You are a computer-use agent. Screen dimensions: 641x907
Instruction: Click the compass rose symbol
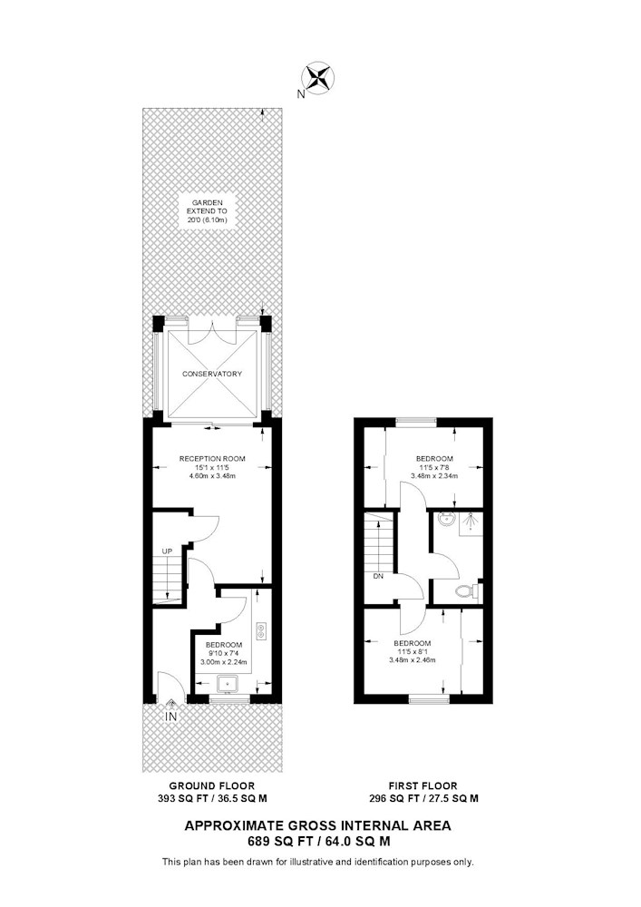click(x=318, y=78)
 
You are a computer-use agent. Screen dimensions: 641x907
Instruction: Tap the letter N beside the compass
click(x=300, y=94)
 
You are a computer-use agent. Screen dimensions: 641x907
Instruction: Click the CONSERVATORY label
click(x=212, y=374)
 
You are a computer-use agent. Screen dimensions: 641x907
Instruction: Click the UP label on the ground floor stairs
click(x=167, y=551)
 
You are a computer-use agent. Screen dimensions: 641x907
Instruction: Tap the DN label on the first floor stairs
click(x=378, y=576)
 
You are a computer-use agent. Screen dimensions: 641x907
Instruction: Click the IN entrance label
click(x=171, y=717)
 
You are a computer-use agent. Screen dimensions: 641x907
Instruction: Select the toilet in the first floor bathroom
click(x=468, y=590)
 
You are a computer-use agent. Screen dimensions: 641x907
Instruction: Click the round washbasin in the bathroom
click(x=446, y=520)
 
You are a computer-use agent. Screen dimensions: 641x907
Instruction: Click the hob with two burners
click(x=262, y=630)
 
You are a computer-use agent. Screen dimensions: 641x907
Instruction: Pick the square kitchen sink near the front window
click(x=228, y=684)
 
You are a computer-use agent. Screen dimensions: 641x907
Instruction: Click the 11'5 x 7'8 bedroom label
click(x=434, y=467)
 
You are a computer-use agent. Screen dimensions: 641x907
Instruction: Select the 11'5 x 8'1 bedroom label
click(x=413, y=651)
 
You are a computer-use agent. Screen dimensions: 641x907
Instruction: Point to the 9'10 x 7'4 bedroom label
click(x=224, y=654)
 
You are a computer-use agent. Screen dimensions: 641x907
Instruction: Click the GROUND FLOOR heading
click(x=211, y=785)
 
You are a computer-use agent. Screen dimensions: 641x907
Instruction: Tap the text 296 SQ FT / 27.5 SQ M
click(x=423, y=799)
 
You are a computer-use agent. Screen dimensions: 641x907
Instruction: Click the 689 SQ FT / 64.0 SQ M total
click(x=318, y=841)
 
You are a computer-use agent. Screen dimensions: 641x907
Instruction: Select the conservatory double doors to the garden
click(x=213, y=328)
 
